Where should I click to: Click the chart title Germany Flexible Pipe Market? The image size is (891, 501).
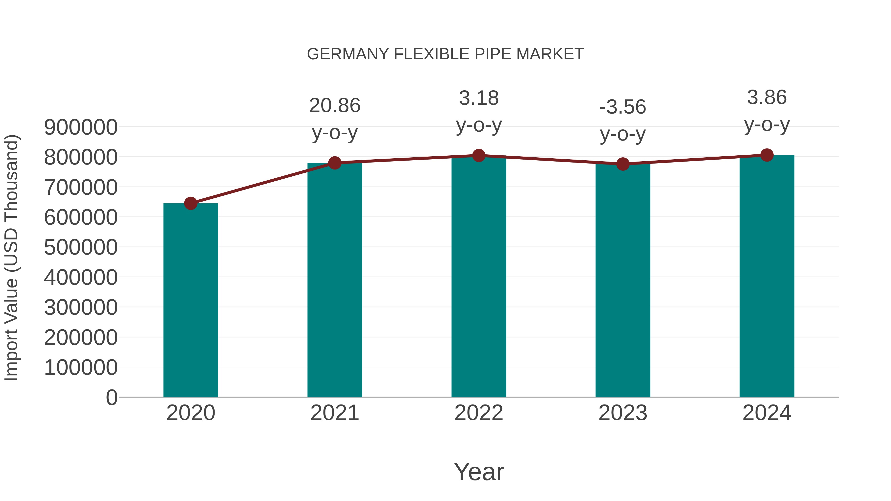445,54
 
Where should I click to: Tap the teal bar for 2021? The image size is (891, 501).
334,280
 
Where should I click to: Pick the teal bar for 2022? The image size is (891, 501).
479,277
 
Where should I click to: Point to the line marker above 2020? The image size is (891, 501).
191,203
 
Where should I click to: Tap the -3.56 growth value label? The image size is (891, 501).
623,107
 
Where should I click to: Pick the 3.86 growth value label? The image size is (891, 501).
767,97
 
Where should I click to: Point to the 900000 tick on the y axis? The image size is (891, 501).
81,127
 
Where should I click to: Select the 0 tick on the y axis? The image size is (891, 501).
111,397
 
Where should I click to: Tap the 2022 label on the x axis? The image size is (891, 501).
479,413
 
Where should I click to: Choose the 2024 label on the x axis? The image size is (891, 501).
767,413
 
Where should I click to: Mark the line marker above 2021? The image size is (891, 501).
334,163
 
